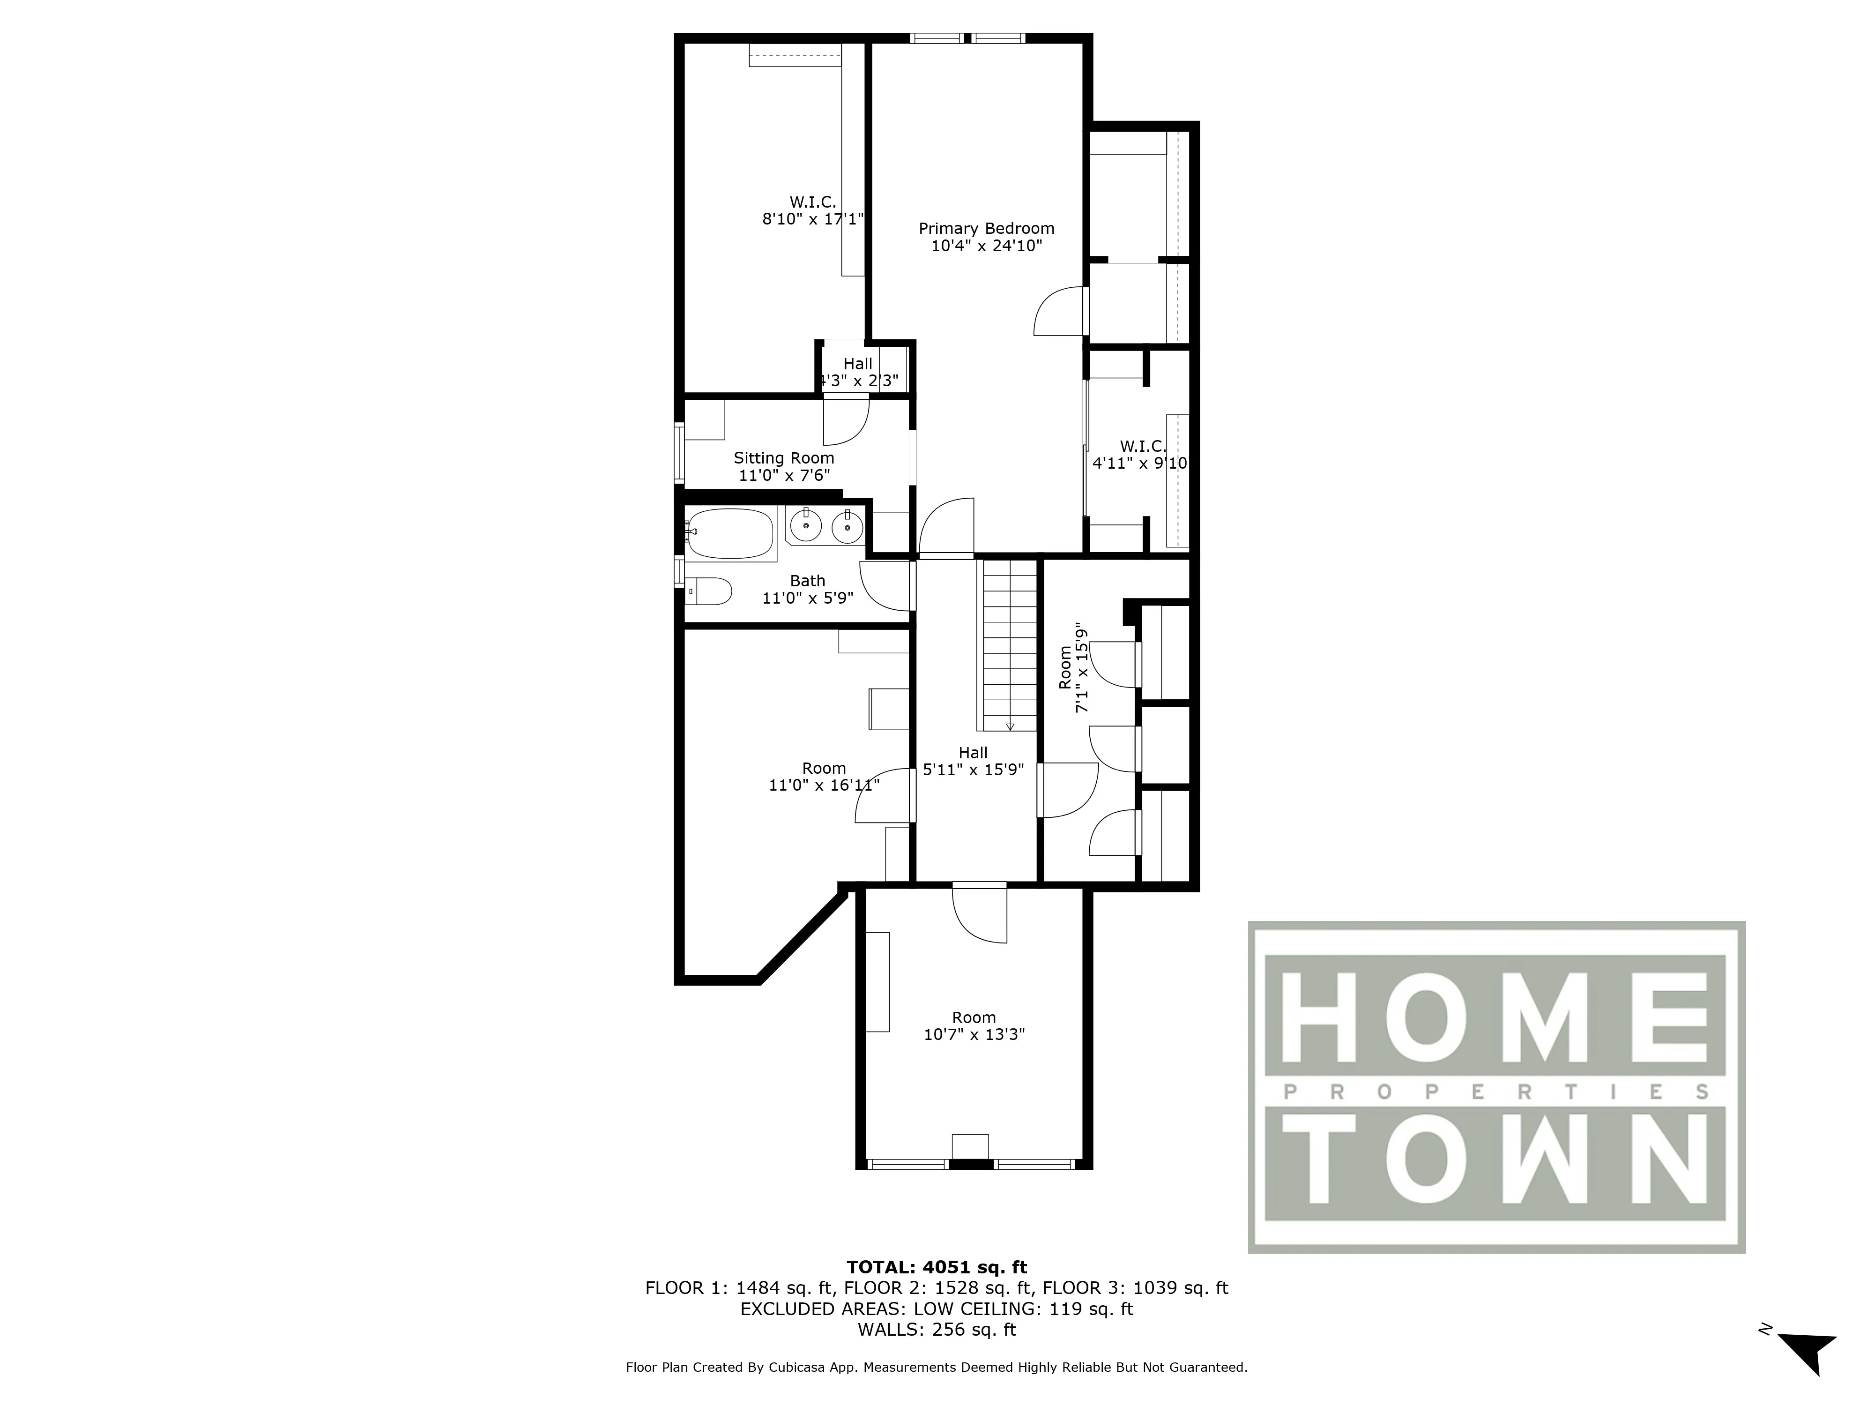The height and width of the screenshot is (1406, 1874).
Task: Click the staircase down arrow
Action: [1010, 726]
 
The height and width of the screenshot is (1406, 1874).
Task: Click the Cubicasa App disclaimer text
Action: [936, 1367]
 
